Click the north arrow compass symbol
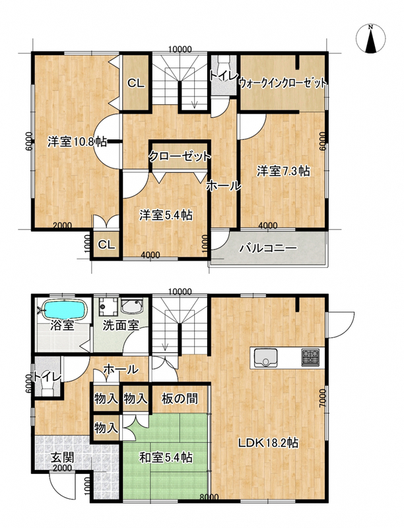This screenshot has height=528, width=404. pos(370,38)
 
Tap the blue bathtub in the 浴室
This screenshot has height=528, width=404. pos(65,309)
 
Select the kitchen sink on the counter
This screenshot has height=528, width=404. pos(265,357)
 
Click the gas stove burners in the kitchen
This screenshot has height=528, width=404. pos(310,357)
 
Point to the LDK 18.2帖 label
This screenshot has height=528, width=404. pos(268,443)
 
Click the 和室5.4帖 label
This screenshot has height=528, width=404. pos(166,457)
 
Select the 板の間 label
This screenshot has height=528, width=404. pos(180,399)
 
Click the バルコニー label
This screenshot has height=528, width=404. pos(268,249)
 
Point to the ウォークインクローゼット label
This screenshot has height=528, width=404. pos(283,82)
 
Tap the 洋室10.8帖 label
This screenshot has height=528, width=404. pos(77,142)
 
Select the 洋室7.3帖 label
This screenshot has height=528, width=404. pos(283,171)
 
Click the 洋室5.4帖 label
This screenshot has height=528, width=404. pos(166,215)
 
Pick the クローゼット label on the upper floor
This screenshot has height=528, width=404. pos(180,156)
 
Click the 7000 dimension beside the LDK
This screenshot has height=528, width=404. pos(322,398)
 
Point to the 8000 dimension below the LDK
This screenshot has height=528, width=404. pos(209,497)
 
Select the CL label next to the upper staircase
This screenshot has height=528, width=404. pos(136,83)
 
